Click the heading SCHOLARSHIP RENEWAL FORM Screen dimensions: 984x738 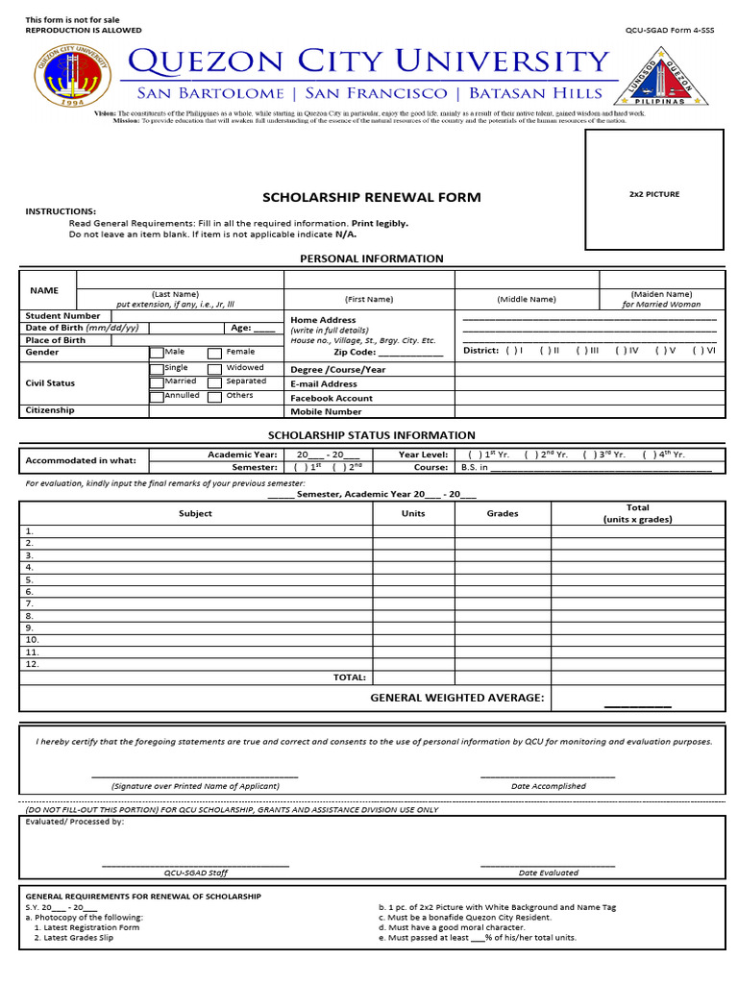[372, 197]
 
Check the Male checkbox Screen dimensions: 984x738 [157, 353]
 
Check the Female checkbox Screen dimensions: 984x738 [216, 353]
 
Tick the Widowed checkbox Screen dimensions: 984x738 [216, 368]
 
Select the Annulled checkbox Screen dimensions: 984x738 [157, 396]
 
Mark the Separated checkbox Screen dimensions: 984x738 [216, 381]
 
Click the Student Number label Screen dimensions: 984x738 [62, 315]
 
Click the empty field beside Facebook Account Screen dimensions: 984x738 [586, 398]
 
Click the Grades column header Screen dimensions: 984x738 [503, 513]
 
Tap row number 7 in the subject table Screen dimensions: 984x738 [30, 603]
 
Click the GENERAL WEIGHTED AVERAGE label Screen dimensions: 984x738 [457, 698]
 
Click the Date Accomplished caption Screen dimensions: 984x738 [548, 786]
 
